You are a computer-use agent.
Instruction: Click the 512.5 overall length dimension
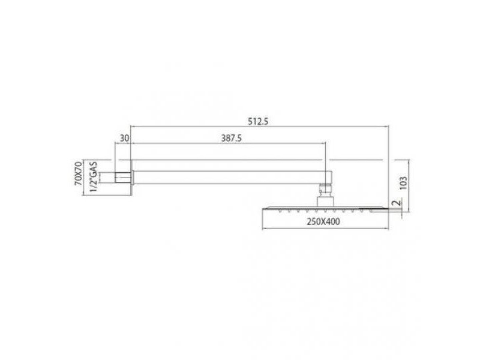(x=258, y=122)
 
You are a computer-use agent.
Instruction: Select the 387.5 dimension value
(x=232, y=139)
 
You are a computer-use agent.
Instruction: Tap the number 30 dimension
(x=124, y=139)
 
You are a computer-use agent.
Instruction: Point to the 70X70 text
(x=79, y=173)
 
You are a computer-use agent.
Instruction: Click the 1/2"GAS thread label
(x=94, y=177)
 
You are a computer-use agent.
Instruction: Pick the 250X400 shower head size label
(x=323, y=221)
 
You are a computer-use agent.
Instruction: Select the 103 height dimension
(x=403, y=183)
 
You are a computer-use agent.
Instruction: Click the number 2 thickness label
(x=397, y=203)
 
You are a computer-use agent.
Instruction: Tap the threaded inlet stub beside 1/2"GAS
(x=123, y=178)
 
